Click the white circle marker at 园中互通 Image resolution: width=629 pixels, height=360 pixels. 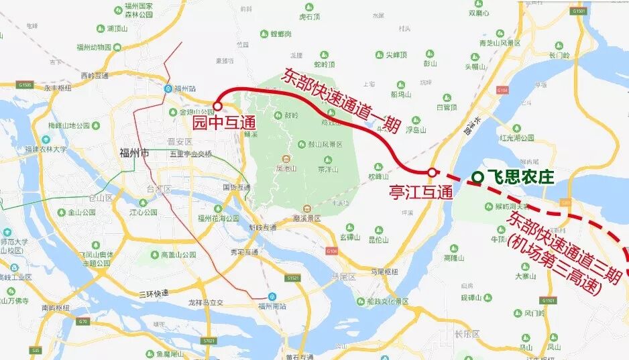coord(217,106)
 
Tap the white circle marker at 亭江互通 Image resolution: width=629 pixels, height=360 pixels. coord(432,172)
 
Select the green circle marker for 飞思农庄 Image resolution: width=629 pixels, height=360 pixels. coord(477,177)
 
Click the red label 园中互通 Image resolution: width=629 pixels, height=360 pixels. coord(225,123)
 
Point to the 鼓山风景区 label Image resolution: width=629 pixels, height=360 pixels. coord(325,144)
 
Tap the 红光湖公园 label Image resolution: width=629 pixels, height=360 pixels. coord(517,137)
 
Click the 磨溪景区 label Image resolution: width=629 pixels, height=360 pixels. coord(307,219)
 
